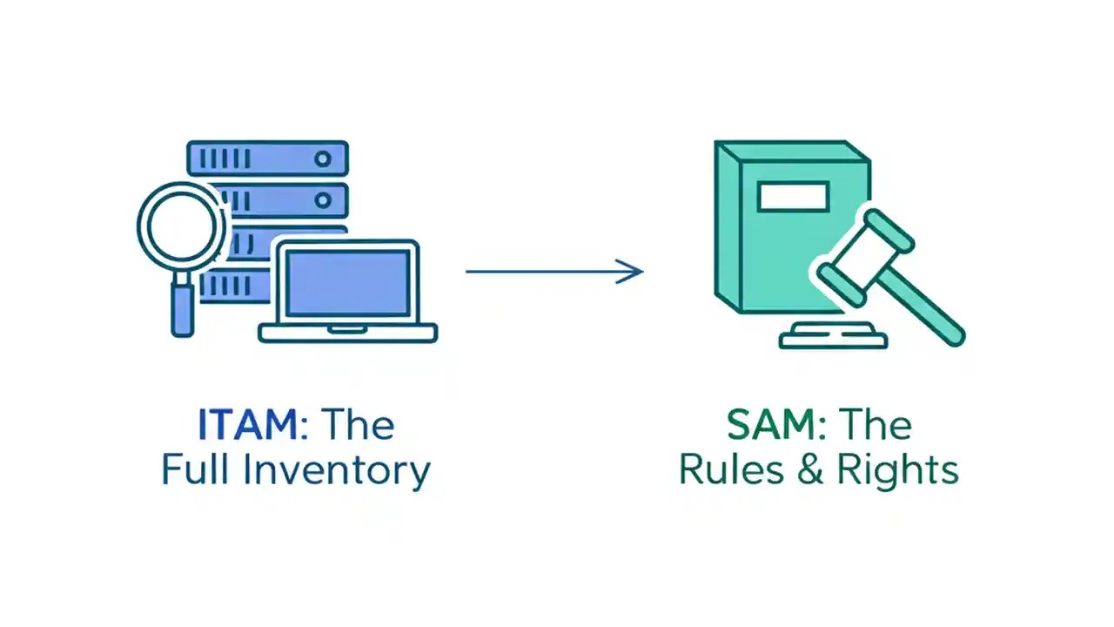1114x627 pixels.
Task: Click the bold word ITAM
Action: pyautogui.click(x=247, y=425)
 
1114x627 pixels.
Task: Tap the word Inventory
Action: pyautogui.click(x=336, y=471)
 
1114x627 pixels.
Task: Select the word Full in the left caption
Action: pyautogui.click(x=197, y=469)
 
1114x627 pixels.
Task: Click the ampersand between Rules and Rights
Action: pyautogui.click(x=810, y=470)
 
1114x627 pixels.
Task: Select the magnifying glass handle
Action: pyautogui.click(x=182, y=308)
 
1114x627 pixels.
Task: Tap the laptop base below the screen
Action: pyautogui.click(x=347, y=333)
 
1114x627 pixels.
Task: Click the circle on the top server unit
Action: pyautogui.click(x=323, y=158)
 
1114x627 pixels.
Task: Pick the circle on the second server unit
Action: pyautogui.click(x=323, y=201)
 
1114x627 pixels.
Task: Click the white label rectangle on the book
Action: pyautogui.click(x=793, y=197)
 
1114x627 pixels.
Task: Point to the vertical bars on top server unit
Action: pyautogui.click(x=225, y=158)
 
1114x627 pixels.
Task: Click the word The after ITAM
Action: pyautogui.click(x=358, y=425)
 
